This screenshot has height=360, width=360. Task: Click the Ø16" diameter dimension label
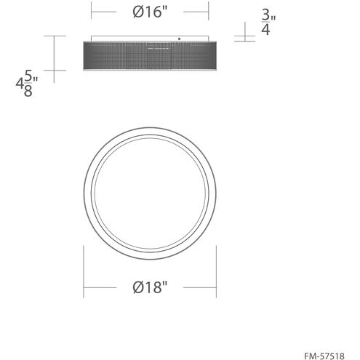tap(150, 12)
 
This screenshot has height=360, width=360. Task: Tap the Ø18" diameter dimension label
tap(150, 287)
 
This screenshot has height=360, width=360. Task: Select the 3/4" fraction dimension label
tap(268, 23)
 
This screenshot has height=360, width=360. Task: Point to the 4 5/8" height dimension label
tap(27, 83)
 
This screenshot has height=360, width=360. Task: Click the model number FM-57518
tap(324, 356)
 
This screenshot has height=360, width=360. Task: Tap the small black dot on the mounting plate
tap(179, 39)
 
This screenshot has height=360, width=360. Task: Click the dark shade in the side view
tap(150, 56)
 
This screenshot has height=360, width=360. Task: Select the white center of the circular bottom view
tap(150, 193)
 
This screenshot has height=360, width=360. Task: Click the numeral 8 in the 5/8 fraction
tap(28, 92)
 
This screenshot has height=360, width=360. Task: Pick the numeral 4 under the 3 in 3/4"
tap(265, 30)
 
